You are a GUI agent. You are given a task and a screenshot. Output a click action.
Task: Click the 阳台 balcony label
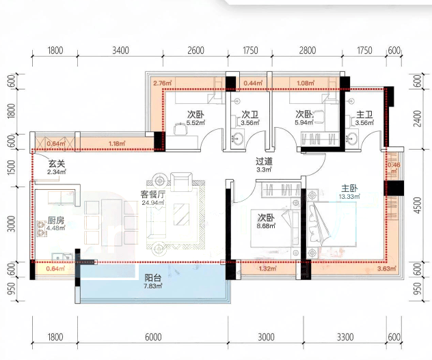point(153,277)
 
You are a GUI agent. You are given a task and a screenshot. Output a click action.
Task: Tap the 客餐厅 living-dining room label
point(153,195)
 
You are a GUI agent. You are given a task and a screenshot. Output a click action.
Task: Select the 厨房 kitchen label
point(56,221)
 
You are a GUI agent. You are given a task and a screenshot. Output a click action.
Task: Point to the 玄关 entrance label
point(57,164)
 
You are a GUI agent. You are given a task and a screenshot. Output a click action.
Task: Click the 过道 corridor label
point(264,161)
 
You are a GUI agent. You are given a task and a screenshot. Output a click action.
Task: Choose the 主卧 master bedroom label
point(349,189)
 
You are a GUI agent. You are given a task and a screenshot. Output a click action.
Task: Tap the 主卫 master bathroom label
point(364,115)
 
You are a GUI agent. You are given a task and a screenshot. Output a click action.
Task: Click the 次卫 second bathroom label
point(250,115)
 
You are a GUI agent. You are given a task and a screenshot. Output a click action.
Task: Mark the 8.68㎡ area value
point(266,226)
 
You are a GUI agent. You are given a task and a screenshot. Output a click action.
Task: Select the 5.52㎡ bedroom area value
point(195,123)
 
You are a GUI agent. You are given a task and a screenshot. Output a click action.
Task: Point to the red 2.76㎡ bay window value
point(163,83)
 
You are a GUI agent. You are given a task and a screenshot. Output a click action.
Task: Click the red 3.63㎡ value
point(387,268)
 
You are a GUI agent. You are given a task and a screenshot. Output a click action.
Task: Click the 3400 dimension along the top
point(121,51)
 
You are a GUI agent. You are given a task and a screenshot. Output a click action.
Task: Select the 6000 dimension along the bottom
point(153,337)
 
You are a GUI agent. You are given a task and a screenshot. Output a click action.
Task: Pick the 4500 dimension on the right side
point(418,206)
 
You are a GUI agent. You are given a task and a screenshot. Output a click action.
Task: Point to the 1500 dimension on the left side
point(11,167)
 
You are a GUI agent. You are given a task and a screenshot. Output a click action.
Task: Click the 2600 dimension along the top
point(196,51)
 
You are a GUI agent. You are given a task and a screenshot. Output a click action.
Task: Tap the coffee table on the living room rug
point(181,214)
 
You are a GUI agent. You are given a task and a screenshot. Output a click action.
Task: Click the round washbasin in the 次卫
point(237,139)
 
